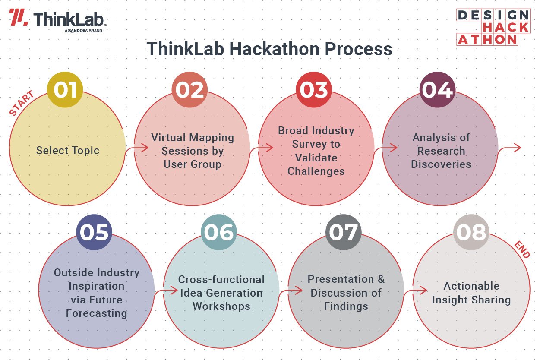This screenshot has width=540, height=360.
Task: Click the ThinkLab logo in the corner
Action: coord(58,19)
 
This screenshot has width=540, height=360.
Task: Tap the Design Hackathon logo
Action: coord(493,27)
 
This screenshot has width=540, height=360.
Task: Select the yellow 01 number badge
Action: coord(65,90)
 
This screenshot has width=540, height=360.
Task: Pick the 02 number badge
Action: coord(189,90)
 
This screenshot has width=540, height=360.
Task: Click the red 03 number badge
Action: coord(313,90)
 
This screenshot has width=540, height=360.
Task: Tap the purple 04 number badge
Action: coord(437,90)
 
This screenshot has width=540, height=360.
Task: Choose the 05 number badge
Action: coord(94,232)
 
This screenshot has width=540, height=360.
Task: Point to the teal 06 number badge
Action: coord(219,232)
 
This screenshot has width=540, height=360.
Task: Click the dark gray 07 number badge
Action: coord(343,232)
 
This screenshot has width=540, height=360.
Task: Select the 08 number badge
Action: coord(471,232)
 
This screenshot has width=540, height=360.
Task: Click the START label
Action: coord(22,104)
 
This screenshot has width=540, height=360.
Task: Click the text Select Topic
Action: coord(68,151)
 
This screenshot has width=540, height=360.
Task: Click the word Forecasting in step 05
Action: coord(96,313)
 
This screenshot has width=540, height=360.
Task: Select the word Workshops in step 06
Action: coord(221,306)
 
